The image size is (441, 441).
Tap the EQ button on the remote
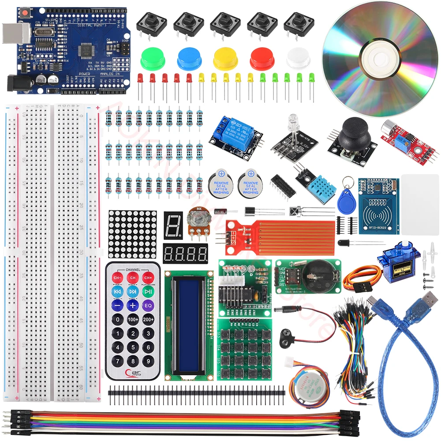point(148,305)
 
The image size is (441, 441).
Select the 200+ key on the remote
point(148,319)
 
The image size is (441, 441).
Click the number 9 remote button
point(148,362)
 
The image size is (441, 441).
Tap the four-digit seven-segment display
point(185,254)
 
